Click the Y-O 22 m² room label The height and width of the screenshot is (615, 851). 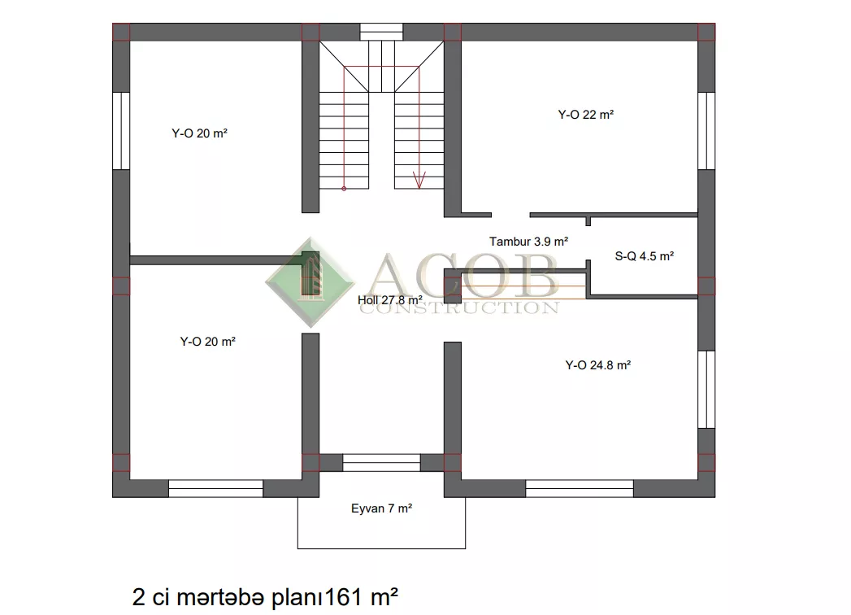click(x=585, y=115)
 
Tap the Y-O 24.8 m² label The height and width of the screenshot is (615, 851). click(x=598, y=365)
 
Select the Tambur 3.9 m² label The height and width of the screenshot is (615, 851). click(x=528, y=242)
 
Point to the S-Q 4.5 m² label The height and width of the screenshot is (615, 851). click(x=645, y=256)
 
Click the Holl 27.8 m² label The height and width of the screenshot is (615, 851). click(x=389, y=300)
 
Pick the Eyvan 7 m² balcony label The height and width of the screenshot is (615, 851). click(x=381, y=508)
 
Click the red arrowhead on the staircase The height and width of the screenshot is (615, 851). click(x=419, y=181)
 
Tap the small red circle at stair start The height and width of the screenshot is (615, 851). click(x=344, y=189)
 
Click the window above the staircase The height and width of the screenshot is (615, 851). click(x=381, y=32)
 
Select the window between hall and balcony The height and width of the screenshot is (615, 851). click(x=381, y=462)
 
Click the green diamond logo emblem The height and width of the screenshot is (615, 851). click(x=310, y=282)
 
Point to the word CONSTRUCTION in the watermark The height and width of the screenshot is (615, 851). click(x=459, y=308)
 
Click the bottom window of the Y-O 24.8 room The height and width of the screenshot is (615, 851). click(x=579, y=488)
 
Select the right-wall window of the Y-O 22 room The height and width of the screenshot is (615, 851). click(x=706, y=131)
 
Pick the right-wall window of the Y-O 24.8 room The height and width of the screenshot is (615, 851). click(x=706, y=390)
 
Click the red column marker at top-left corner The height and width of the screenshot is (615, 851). click(x=121, y=32)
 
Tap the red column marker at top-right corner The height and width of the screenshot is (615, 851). click(x=706, y=32)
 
